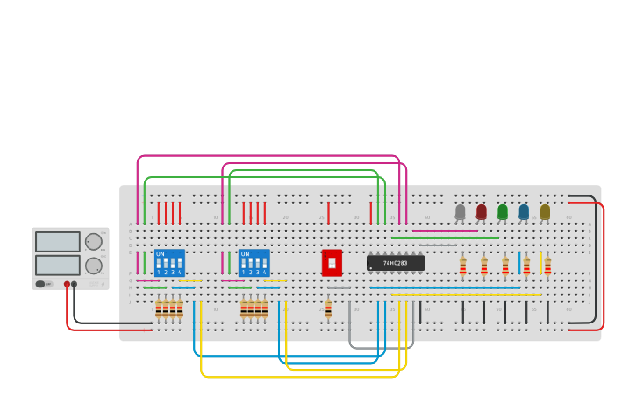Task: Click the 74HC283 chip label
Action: pyautogui.click(x=396, y=263)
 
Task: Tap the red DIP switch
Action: pyautogui.click(x=332, y=262)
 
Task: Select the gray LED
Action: pyautogui.click(x=460, y=211)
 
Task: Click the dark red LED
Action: pyautogui.click(x=481, y=211)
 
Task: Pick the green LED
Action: pyautogui.click(x=503, y=211)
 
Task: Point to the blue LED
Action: pyautogui.click(x=524, y=211)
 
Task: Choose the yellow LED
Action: pyautogui.click(x=545, y=211)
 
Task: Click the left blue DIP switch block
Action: pyautogui.click(x=169, y=263)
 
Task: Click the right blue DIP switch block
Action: pyautogui.click(x=254, y=263)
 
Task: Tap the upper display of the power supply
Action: pyautogui.click(x=58, y=242)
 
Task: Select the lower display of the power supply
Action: pyautogui.click(x=58, y=265)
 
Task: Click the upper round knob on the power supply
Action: pyautogui.click(x=93, y=242)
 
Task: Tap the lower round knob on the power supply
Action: pyautogui.click(x=93, y=266)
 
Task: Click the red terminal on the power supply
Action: pyautogui.click(x=67, y=284)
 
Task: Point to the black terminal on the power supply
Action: pyautogui.click(x=75, y=284)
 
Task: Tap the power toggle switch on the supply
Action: pyautogui.click(x=40, y=284)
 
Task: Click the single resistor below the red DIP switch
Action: pyautogui.click(x=328, y=308)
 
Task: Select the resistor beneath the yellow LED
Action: pyautogui.click(x=547, y=266)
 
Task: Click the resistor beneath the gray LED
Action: pyautogui.click(x=462, y=266)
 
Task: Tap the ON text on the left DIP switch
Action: pyautogui.click(x=160, y=254)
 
